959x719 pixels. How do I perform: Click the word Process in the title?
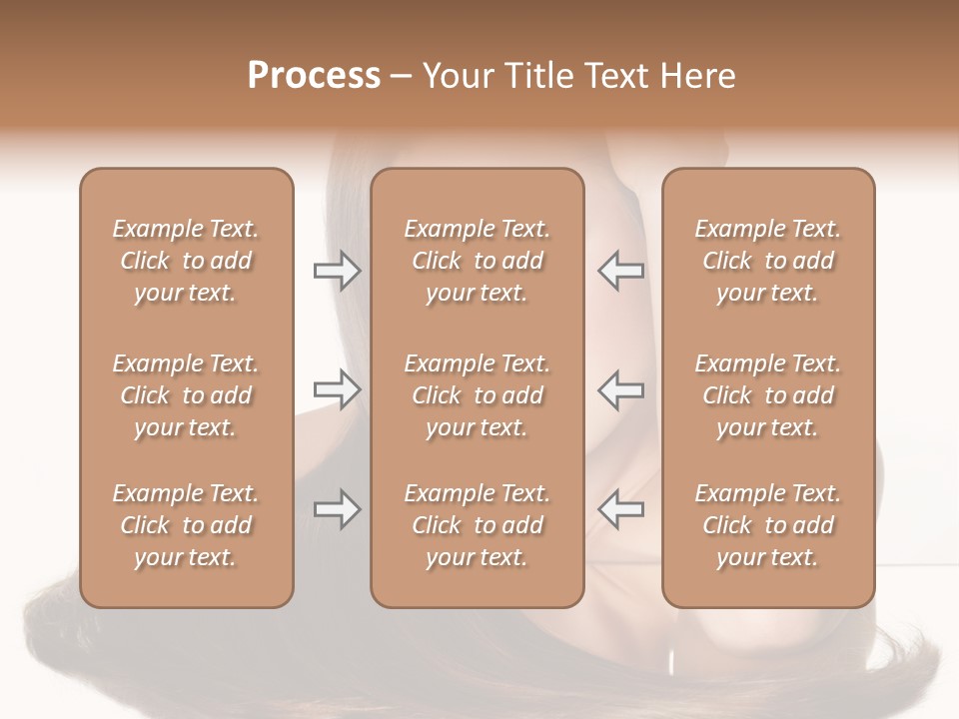click(x=314, y=76)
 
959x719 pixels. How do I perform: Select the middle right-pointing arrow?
click(x=337, y=389)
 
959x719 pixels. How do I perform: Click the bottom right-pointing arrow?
click(x=337, y=509)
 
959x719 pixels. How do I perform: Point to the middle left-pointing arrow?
click(x=620, y=389)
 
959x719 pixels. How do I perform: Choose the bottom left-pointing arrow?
click(x=620, y=509)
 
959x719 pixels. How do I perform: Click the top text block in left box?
click(x=186, y=261)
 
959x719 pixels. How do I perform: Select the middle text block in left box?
click(x=186, y=395)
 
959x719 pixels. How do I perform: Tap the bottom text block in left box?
click(x=186, y=525)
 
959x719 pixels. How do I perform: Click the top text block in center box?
click(x=477, y=261)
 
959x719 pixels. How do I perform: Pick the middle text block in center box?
click(x=477, y=395)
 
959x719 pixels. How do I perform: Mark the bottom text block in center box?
click(x=477, y=525)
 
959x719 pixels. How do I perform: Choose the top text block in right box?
click(x=767, y=261)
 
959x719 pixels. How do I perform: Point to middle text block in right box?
click(x=767, y=395)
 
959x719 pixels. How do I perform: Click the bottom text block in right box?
click(x=767, y=525)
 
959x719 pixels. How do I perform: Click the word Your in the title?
click(x=459, y=76)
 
